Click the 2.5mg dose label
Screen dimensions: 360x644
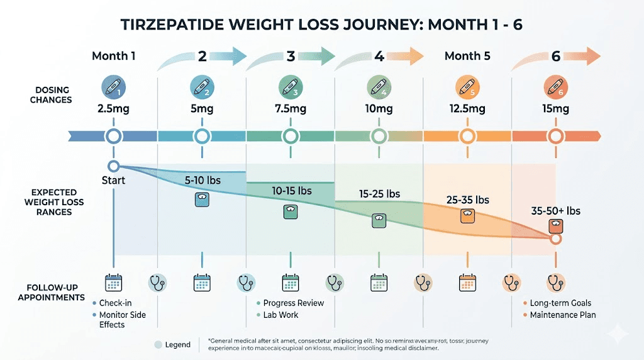click(x=113, y=109)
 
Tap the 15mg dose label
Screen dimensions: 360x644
click(x=555, y=109)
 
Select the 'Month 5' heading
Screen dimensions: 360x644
click(x=467, y=56)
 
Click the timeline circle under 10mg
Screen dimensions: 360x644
click(x=379, y=135)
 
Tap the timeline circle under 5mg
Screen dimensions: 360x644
click(x=202, y=135)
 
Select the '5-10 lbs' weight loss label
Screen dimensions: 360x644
click(x=203, y=179)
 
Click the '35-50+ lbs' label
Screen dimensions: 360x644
click(x=555, y=211)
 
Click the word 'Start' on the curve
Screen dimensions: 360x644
click(x=113, y=181)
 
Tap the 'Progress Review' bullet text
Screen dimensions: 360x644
click(x=294, y=303)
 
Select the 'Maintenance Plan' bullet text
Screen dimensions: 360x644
click(x=563, y=315)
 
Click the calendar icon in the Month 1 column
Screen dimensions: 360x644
click(x=113, y=283)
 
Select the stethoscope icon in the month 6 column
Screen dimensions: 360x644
click(x=555, y=283)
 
